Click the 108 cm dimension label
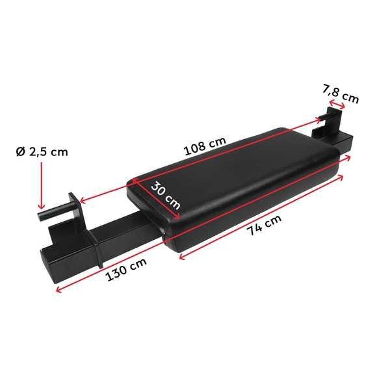tap(204, 146)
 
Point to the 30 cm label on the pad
tap(165, 194)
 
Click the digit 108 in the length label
tap(196, 149)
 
